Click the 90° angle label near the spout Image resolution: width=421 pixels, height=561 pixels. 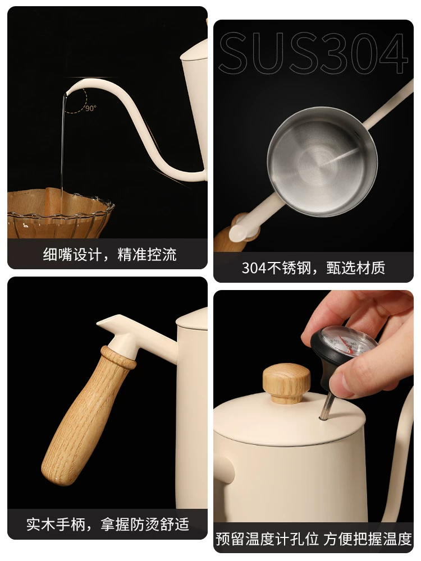click(91, 108)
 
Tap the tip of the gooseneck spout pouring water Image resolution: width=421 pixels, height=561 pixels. click(65, 94)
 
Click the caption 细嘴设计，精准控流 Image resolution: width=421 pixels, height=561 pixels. click(109, 254)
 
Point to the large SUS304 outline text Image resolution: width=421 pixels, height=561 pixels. click(314, 53)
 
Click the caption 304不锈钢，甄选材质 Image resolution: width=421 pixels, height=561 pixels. click(313, 268)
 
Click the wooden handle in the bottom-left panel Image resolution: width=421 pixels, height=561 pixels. click(86, 415)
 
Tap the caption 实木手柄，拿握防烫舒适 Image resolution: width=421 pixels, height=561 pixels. click(107, 524)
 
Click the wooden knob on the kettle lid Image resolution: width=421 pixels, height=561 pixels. click(286, 383)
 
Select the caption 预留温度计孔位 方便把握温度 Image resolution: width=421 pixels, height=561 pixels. click(314, 539)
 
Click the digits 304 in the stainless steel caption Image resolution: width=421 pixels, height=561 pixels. click(254, 268)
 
